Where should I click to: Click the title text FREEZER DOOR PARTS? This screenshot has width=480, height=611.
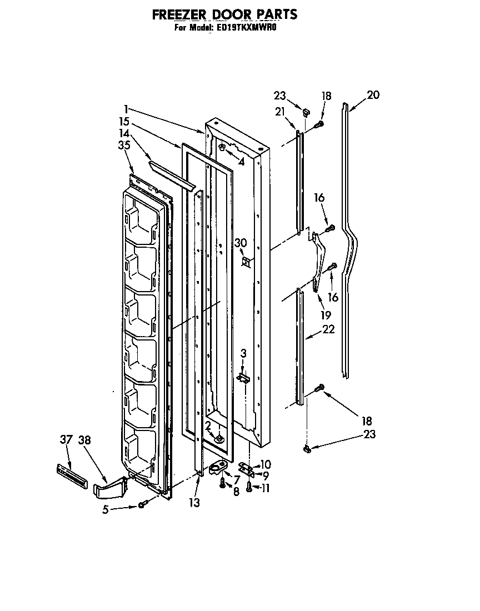tap(224, 14)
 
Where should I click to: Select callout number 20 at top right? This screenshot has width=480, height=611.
tap(373, 95)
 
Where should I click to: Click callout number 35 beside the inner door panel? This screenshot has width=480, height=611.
tap(124, 146)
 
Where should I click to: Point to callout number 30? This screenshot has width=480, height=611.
tap(240, 243)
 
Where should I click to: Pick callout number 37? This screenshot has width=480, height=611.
tap(66, 440)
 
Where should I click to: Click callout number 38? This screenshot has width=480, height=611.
tap(84, 440)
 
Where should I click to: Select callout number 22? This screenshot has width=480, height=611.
tap(328, 329)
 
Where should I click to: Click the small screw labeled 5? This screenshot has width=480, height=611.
tap(142, 504)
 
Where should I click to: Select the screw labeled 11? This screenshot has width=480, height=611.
tap(249, 488)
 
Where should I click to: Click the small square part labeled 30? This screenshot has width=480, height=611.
tap(246, 260)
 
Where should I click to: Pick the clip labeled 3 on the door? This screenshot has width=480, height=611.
tap(243, 378)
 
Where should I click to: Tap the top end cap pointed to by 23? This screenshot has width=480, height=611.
tap(306, 112)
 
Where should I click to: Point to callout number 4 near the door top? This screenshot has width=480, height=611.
tap(241, 162)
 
